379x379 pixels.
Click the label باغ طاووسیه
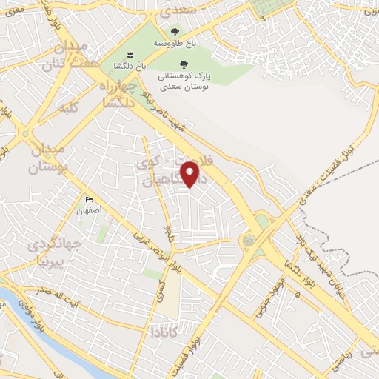click(175, 43)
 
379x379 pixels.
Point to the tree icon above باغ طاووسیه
click(175, 32)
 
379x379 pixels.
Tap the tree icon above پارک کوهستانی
click(183, 64)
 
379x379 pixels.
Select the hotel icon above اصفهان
click(90, 199)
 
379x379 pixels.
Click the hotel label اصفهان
click(90, 210)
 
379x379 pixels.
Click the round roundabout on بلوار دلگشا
click(247, 241)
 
